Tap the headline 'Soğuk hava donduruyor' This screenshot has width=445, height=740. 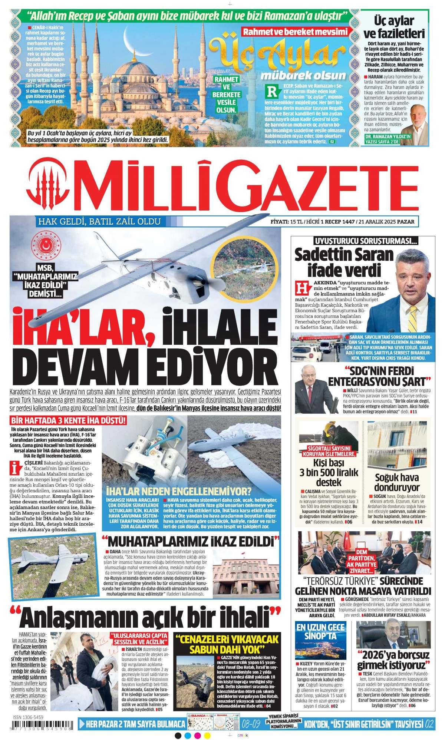(x=396, y=481)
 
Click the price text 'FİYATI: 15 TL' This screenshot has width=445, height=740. (x=289, y=222)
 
